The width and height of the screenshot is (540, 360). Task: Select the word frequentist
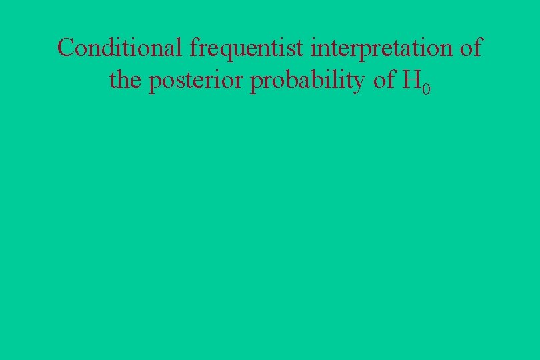click(x=247, y=48)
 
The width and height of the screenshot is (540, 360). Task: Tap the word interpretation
click(x=379, y=48)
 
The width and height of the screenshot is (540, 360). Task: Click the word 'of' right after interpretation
click(x=471, y=48)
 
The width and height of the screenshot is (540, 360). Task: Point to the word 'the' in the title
click(x=125, y=81)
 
